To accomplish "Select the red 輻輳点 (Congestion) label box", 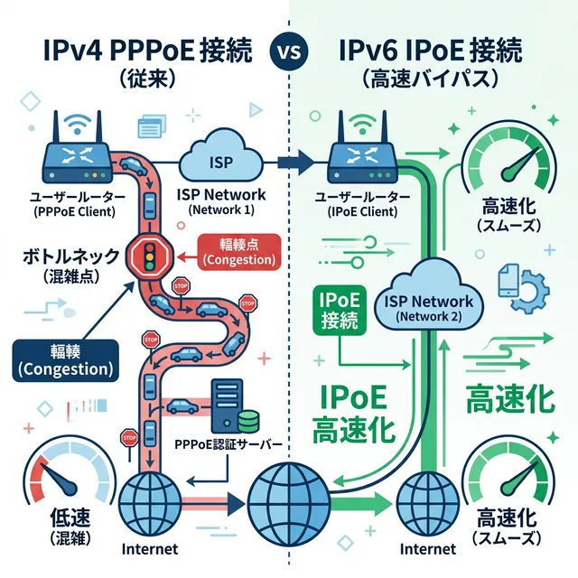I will click(239, 251).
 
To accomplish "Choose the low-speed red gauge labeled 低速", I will click(62, 488).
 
